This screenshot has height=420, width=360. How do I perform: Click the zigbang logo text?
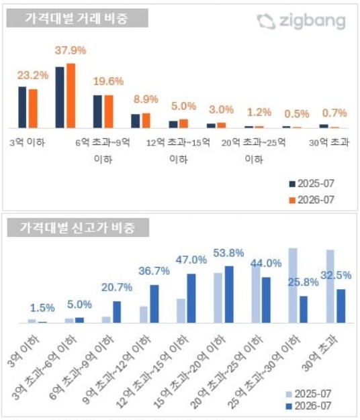click(x=312, y=21)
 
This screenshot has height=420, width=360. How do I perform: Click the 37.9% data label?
click(x=71, y=50)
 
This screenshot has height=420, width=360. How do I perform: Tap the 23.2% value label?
click(x=33, y=75)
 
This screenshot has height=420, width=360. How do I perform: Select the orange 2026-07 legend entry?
click(x=312, y=200)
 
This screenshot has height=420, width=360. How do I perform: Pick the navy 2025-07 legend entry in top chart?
click(x=312, y=184)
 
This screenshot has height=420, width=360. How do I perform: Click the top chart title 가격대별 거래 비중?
click(x=77, y=18)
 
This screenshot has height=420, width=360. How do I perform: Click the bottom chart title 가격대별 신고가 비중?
click(x=77, y=227)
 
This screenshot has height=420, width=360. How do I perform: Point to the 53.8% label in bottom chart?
click(x=228, y=253)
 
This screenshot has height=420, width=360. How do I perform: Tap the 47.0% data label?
click(x=191, y=260)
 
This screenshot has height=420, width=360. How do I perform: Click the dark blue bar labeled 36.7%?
click(x=154, y=304)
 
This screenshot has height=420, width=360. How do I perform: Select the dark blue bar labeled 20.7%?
click(x=117, y=312)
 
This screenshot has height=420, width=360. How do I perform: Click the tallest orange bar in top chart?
click(x=71, y=96)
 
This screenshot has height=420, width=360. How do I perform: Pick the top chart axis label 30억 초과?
click(x=329, y=142)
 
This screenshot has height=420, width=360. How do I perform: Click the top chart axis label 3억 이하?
click(x=27, y=142)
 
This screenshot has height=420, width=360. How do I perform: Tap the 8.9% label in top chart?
click(x=146, y=99)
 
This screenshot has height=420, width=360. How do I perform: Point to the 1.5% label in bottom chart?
click(x=42, y=308)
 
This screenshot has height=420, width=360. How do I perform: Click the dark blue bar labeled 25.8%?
click(x=304, y=309)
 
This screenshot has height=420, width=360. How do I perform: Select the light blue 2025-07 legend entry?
click(x=308, y=394)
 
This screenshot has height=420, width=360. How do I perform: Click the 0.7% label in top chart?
click(x=334, y=113)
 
